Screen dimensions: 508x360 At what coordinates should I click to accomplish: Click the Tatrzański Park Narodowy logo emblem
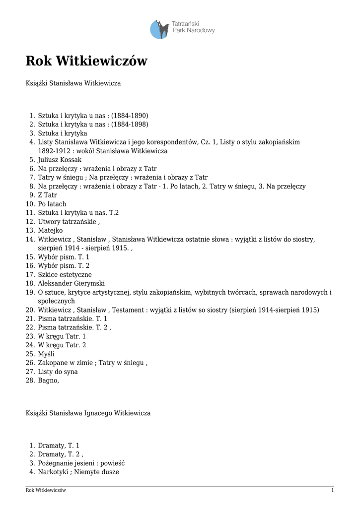(x=159, y=29)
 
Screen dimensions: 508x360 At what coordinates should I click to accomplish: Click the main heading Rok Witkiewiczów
(x=86, y=62)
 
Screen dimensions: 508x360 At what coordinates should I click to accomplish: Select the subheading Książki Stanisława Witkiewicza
(x=73, y=83)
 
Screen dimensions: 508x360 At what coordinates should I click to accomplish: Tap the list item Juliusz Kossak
(x=60, y=160)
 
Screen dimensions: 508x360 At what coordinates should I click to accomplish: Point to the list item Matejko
(x=50, y=231)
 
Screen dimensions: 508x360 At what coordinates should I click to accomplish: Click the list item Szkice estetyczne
(x=65, y=275)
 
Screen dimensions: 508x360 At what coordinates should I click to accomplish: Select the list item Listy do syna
(x=58, y=372)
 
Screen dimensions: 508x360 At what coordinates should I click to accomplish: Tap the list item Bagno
(x=48, y=381)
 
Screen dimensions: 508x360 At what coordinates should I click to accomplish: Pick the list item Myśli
(x=46, y=354)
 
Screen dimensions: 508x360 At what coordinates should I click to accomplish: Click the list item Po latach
(x=52, y=204)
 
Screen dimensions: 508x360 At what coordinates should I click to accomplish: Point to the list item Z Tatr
(x=48, y=195)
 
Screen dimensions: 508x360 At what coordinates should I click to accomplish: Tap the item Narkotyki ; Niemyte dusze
(x=78, y=472)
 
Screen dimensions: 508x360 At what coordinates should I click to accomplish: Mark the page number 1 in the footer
(x=332, y=491)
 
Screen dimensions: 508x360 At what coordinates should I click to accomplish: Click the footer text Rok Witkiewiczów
(x=46, y=491)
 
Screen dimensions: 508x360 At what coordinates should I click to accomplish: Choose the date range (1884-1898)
(x=130, y=125)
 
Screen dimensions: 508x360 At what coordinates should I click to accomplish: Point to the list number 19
(x=29, y=292)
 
